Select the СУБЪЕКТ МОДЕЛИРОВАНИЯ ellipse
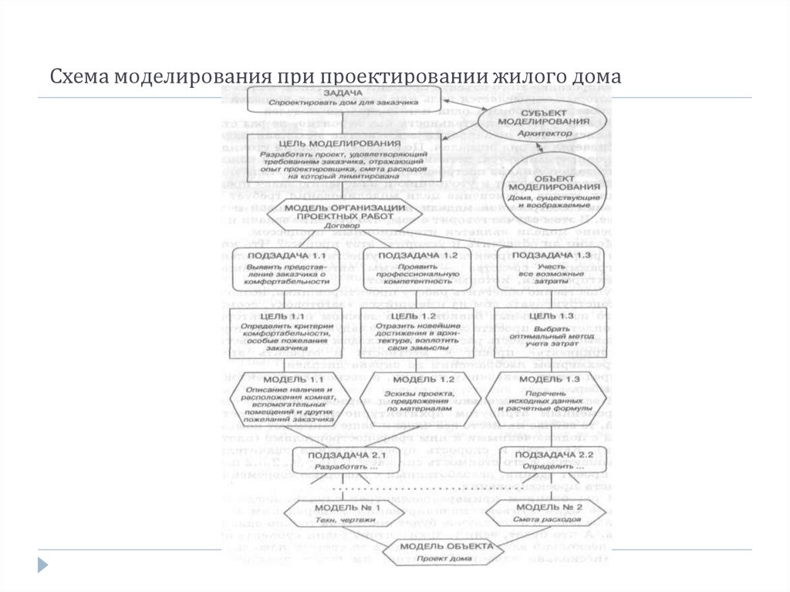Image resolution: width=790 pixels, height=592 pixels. point(528,123)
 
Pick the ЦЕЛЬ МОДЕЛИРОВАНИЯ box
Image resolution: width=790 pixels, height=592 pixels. point(343,159)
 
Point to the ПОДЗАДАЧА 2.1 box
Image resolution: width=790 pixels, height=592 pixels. point(343,460)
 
